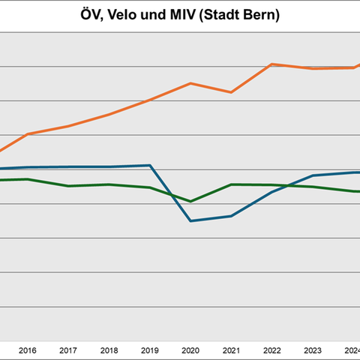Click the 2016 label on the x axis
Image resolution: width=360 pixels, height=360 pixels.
[27, 349]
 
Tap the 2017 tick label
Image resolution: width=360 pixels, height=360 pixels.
[67, 349]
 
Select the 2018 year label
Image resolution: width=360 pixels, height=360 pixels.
[109, 349]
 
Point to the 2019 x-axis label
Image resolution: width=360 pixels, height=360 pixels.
[150, 349]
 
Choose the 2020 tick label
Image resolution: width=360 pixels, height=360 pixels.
[190, 349]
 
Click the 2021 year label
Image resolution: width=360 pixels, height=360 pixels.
[231, 349]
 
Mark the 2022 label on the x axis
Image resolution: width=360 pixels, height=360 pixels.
[272, 349]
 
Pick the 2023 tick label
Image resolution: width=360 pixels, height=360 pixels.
[313, 349]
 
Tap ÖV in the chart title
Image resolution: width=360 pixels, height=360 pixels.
[92, 16]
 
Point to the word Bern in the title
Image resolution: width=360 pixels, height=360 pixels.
[261, 16]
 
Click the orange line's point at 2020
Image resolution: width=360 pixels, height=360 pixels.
[190, 83]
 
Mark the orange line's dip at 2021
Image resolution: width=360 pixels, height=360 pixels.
[231, 92]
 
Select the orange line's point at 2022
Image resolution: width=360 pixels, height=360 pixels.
[272, 64]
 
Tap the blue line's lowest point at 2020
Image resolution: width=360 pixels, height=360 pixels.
[190, 221]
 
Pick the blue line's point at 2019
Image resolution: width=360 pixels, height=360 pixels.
[150, 165]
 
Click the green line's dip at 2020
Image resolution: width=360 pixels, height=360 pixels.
[190, 201]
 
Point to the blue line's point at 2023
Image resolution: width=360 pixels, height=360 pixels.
[313, 175]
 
